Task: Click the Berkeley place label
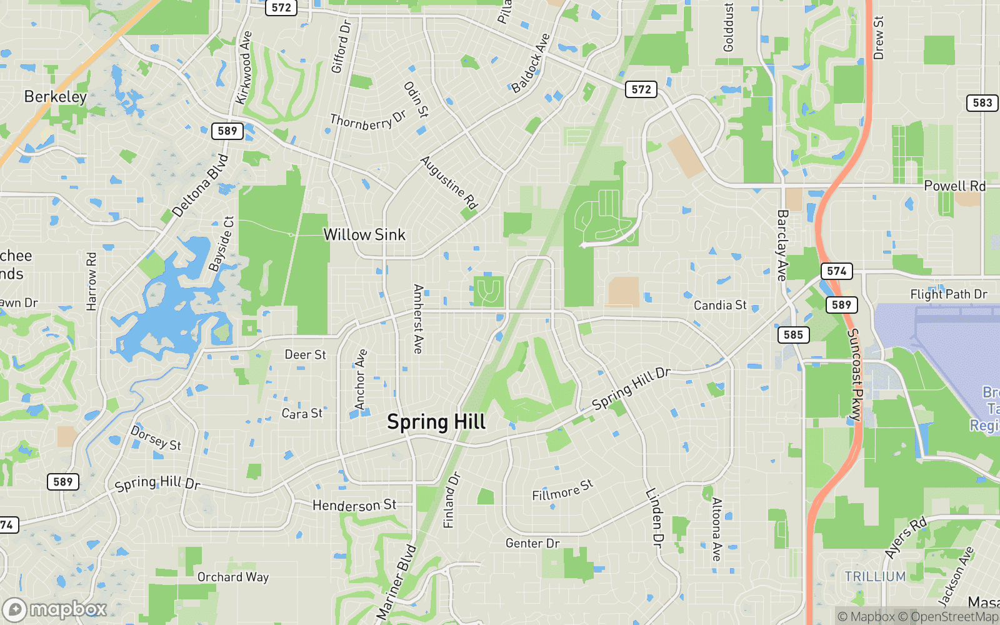56,97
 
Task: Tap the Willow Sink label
364,235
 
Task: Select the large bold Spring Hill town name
436,422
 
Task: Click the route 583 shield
982,103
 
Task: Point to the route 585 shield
793,335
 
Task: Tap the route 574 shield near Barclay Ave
836,271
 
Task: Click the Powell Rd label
954,186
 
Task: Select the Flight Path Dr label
948,294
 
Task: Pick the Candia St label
720,306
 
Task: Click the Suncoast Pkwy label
854,374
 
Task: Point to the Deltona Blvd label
200,186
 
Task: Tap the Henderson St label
354,505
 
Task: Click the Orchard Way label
233,577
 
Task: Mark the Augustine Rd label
449,182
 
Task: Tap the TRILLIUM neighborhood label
875,577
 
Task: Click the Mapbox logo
55,609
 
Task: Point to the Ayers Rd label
906,538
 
